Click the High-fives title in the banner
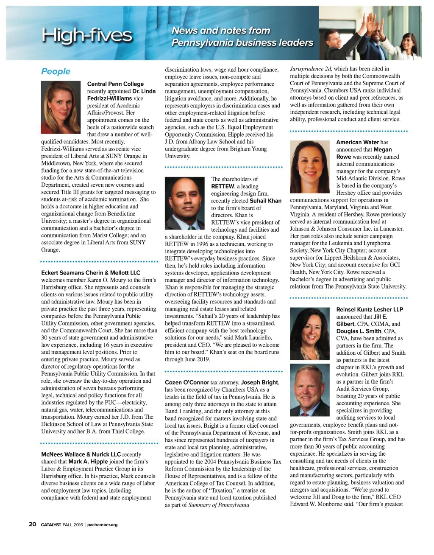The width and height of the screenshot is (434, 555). pos(87,36)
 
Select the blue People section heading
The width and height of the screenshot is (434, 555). pos(56,71)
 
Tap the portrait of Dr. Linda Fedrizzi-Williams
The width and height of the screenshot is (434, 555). pos(61,107)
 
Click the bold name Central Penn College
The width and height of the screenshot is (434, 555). pos(115,84)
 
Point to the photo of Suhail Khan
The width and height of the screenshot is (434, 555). pos(184,204)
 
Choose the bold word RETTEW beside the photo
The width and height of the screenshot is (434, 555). pos(223,186)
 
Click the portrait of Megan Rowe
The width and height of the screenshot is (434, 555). pos(309,167)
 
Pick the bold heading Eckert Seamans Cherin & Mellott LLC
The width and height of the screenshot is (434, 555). pos(91,273)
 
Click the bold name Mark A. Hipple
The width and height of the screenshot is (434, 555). pos(88,462)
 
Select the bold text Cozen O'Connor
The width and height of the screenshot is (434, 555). pos(187,382)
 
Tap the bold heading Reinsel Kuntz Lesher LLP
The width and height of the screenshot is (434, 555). pos(370,309)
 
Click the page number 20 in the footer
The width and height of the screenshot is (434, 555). pos(33,524)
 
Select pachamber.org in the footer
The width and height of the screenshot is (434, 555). pos(103,525)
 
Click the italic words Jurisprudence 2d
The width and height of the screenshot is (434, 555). pos(311,69)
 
